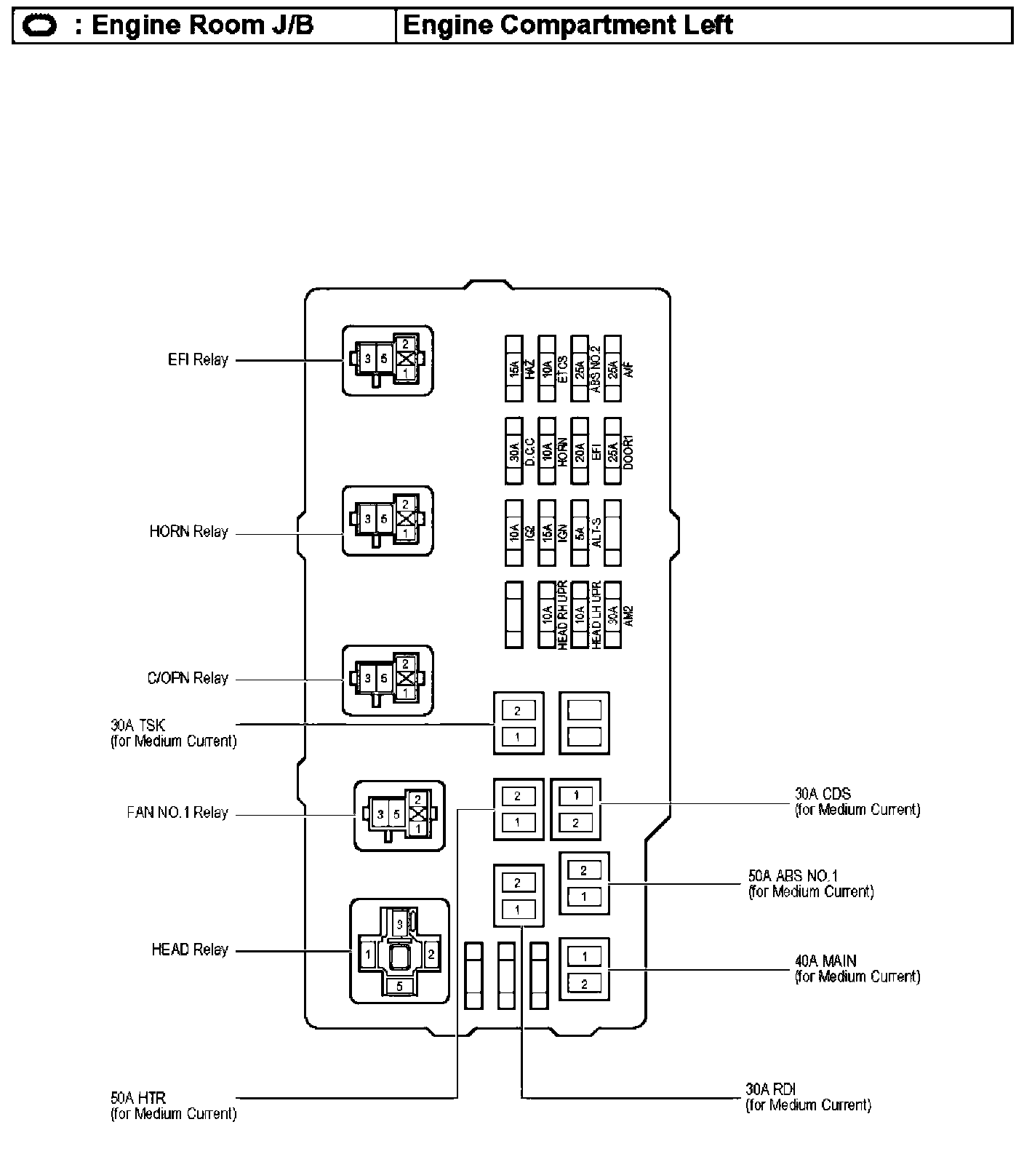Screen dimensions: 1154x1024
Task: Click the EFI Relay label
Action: click(x=198, y=359)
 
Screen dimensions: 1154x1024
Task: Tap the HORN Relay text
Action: click(x=188, y=532)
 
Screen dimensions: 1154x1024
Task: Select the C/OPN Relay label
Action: click(x=188, y=678)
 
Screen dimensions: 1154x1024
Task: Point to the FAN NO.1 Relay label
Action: click(x=177, y=813)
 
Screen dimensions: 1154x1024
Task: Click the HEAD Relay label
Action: click(x=190, y=950)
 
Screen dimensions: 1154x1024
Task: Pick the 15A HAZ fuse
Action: click(x=514, y=369)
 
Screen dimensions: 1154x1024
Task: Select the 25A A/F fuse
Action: click(x=613, y=369)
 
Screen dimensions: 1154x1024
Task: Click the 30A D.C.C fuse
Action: click(x=514, y=451)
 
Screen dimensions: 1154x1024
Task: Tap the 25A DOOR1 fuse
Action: click(x=613, y=451)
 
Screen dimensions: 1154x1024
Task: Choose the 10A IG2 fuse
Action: click(x=514, y=533)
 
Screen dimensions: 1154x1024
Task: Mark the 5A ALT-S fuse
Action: click(x=580, y=533)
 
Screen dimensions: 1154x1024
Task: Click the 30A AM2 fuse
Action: click(x=613, y=615)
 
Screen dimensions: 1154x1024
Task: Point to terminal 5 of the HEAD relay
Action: click(x=399, y=986)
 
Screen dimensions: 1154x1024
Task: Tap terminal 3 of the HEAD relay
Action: click(x=399, y=925)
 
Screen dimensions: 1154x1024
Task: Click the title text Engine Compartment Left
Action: click(x=567, y=25)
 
